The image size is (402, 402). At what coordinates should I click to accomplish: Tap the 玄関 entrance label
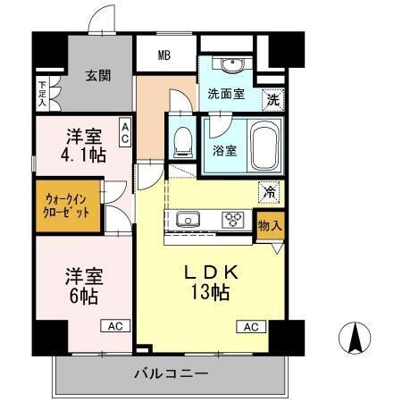click(x=98, y=75)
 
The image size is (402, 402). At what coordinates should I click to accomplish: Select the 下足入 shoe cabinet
click(x=42, y=94)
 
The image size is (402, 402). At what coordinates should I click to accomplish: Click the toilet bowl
click(x=183, y=139)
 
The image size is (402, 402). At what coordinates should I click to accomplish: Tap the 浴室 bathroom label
click(x=224, y=150)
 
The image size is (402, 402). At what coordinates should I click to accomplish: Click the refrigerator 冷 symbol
click(x=267, y=189)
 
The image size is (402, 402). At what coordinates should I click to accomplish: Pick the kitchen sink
click(x=190, y=219)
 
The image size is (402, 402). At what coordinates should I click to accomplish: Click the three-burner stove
click(x=235, y=219)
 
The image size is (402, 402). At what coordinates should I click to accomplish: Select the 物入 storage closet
click(x=269, y=226)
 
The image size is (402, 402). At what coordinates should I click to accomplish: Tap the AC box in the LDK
click(x=249, y=327)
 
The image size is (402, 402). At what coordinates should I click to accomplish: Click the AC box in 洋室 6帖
click(x=115, y=327)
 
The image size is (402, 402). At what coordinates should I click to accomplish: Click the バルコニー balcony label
click(x=172, y=372)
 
